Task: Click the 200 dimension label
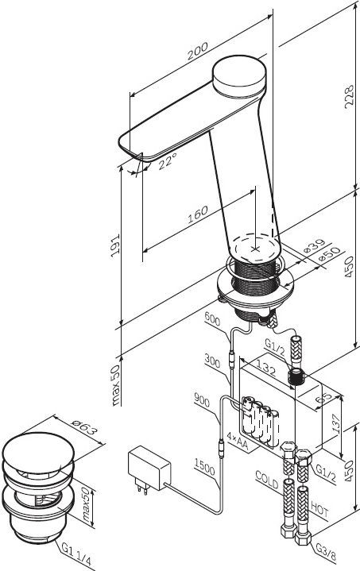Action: [198, 51]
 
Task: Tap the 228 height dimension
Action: [349, 97]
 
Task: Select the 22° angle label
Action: [168, 160]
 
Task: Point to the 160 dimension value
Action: [198, 214]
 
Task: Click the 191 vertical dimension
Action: [115, 245]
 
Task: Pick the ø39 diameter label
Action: [314, 245]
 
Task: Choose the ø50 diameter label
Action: [329, 254]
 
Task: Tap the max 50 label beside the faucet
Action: [115, 385]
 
